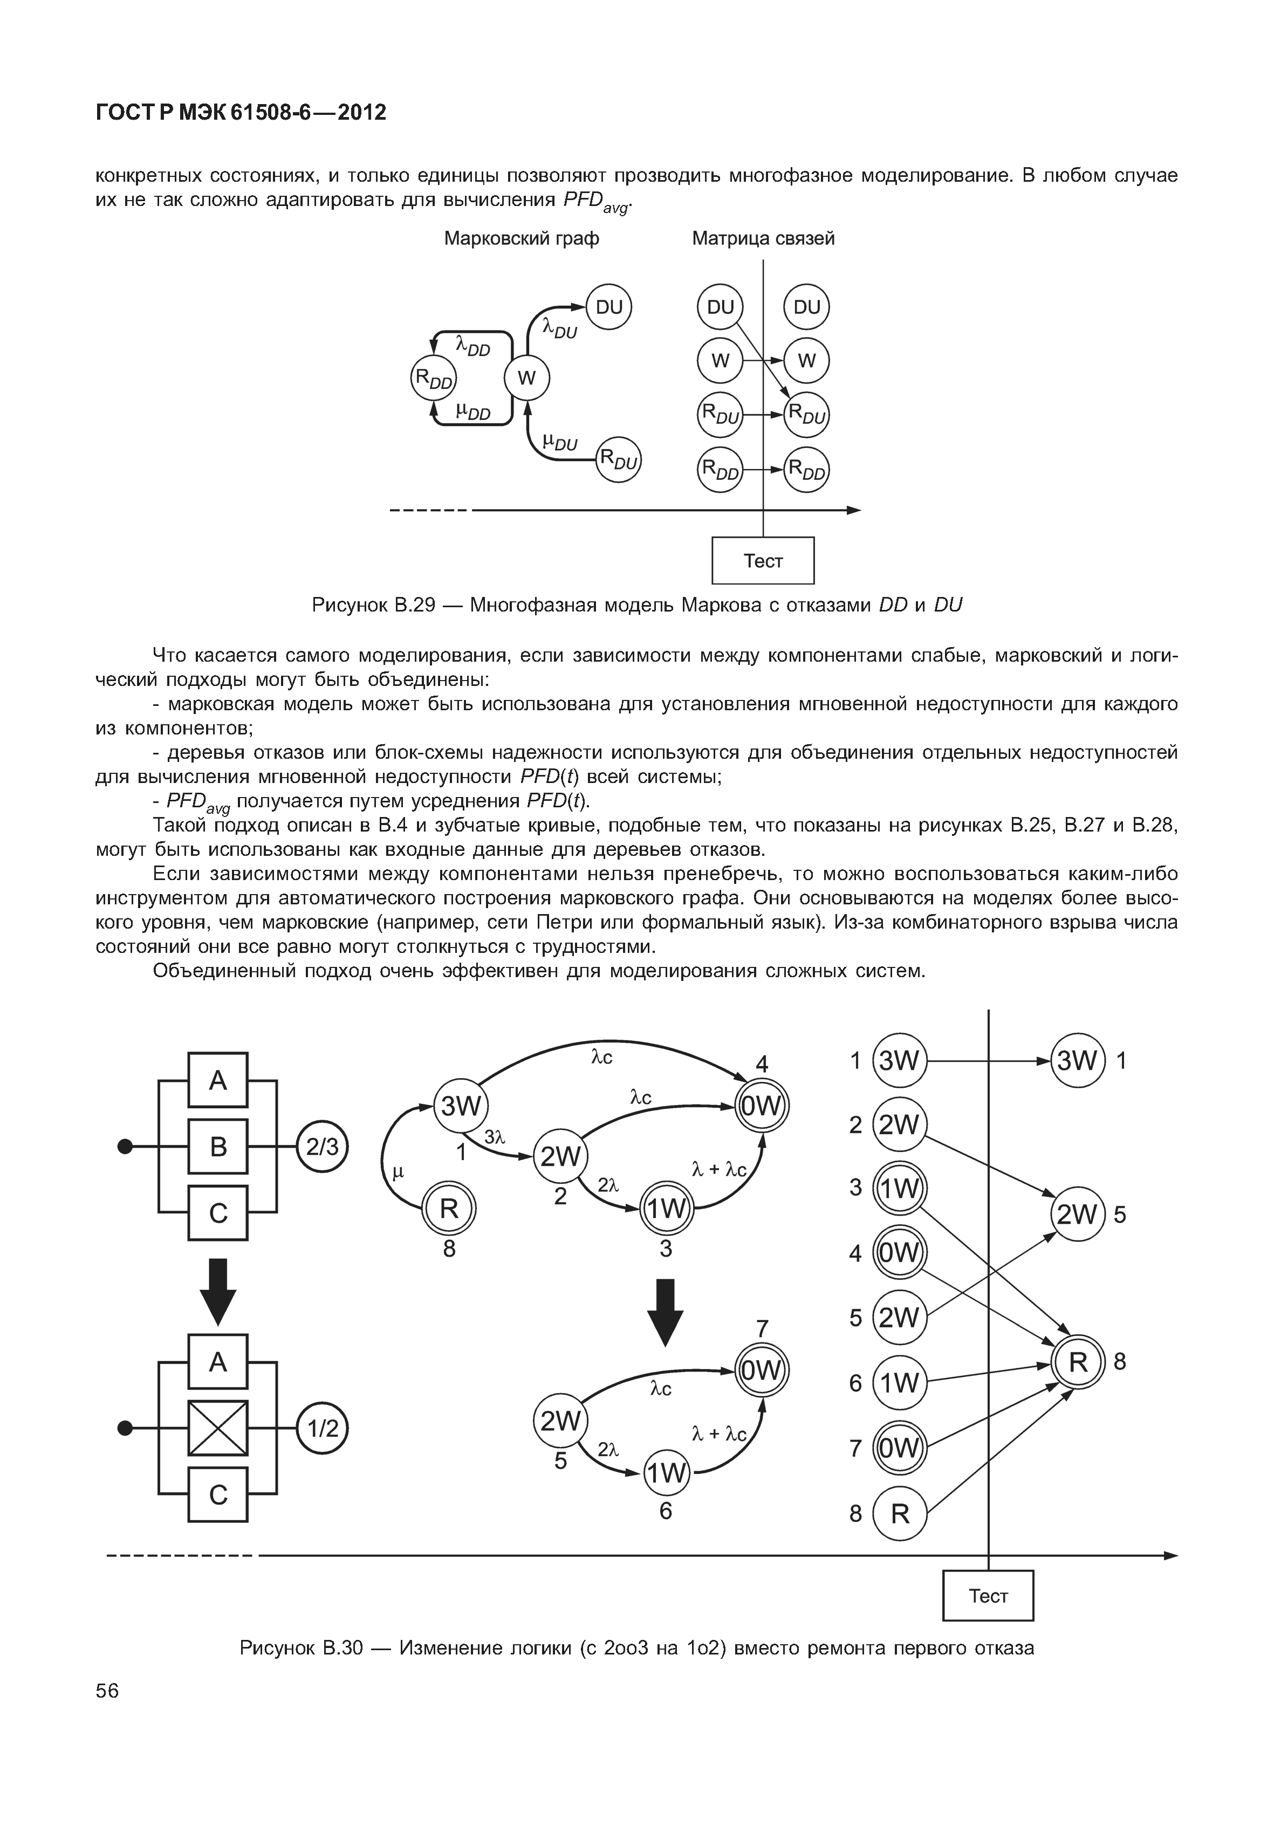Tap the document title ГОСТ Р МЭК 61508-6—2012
click(x=241, y=113)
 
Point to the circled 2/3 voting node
click(x=323, y=1147)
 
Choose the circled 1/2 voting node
click(x=323, y=1428)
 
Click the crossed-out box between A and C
click(x=218, y=1428)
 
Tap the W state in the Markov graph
click(x=527, y=379)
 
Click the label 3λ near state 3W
click(x=496, y=1137)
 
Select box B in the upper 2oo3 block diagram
click(x=218, y=1147)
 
